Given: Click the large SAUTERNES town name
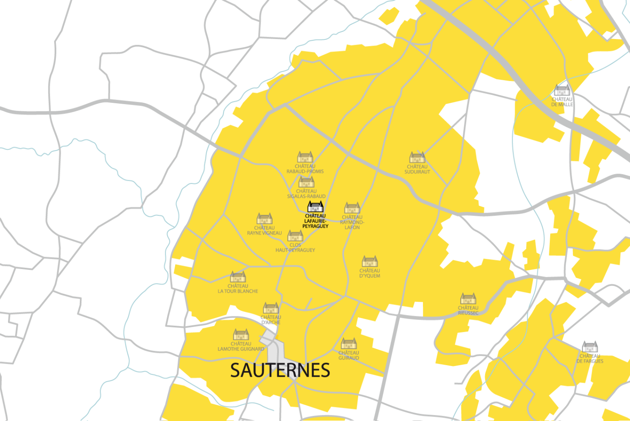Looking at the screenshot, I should pos(280,370).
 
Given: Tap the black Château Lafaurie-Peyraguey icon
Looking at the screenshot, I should pos(315,207).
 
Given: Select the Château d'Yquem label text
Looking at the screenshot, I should pos(369,273).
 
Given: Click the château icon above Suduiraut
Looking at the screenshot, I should pos(417,158).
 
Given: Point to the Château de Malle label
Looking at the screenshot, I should pos(562,102).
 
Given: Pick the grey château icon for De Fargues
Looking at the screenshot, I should pos(590,347).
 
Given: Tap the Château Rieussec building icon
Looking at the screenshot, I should pos(468,298).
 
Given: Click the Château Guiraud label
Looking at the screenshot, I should pos(348,355).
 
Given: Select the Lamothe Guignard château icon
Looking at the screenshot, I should pos(241,334).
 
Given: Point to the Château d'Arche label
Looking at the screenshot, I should pos(270,320).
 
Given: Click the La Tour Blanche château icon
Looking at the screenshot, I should pos(238,277).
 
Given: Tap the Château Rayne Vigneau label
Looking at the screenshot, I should pos(264,230).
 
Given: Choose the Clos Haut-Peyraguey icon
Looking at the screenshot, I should pos(295,236).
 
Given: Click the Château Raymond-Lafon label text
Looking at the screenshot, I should pos(352,222).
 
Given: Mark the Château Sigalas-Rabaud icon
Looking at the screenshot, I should pos(306,182).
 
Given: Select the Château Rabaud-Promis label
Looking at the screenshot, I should pos(305,169).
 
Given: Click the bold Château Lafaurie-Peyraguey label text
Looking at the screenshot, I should pos(315,221).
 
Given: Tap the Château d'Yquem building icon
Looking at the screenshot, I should pos(369,261).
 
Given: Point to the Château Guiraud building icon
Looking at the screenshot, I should pos(348,344).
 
